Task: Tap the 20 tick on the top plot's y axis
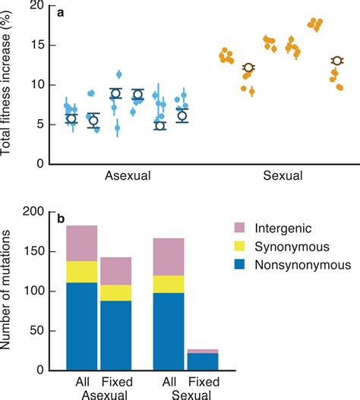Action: tap(32, 6)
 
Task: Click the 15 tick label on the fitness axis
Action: tap(32, 46)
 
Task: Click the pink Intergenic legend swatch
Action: tap(245, 228)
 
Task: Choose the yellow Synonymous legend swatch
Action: tap(245, 247)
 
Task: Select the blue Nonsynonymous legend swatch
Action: tap(245, 266)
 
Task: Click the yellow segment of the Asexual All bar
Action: tap(81, 272)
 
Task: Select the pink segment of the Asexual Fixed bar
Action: tap(116, 271)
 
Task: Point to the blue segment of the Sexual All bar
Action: tap(169, 331)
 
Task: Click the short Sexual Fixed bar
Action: tap(204, 363)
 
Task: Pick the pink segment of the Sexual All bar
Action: tap(169, 257)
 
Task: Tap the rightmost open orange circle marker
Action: tap(336, 61)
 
